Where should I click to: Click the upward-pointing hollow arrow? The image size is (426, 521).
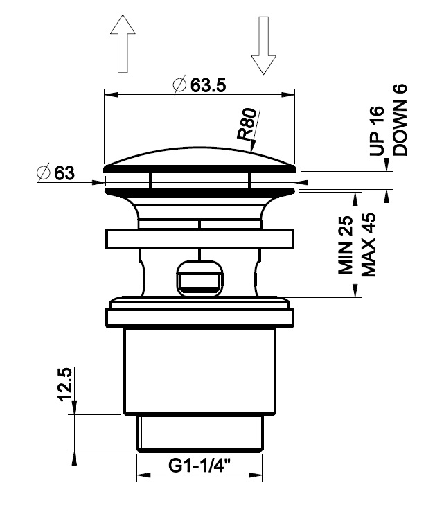123,43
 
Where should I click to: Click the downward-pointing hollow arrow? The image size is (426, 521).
263,45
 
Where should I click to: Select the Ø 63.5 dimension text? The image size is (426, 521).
199,85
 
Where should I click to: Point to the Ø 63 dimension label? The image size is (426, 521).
56,173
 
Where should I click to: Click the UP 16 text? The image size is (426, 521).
377,131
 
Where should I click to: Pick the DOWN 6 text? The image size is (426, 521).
400,120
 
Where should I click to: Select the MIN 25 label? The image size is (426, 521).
346,245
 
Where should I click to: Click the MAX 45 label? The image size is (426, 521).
369,245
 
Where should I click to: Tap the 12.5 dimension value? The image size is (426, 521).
65,384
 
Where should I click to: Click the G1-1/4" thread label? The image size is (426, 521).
199,465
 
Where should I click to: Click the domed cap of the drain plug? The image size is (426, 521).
199,159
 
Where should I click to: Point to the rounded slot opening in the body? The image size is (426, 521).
199,278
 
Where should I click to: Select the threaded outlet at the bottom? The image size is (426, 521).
199,434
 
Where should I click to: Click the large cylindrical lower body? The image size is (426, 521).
199,371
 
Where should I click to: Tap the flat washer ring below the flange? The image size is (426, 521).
199,238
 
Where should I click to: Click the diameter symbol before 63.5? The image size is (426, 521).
179,85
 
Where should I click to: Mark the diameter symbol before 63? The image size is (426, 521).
44,173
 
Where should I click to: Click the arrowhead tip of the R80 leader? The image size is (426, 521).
252,152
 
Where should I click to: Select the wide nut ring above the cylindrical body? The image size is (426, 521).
199,318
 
